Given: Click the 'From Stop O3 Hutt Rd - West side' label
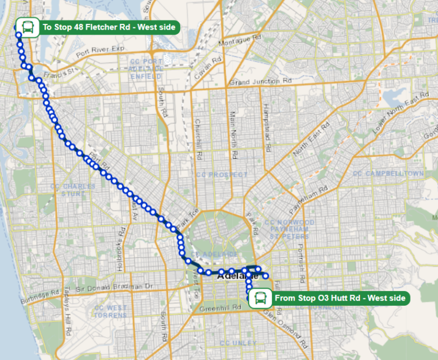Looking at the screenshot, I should [340, 298].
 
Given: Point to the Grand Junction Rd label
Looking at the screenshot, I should [260, 82].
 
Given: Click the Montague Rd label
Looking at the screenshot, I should [240, 39].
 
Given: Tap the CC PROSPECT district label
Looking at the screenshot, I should [222, 175].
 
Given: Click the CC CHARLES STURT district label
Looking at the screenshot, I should [72, 190].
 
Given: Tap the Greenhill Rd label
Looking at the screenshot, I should [214, 309].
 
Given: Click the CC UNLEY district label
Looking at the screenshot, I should [238, 343].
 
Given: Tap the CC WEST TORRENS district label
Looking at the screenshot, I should [111, 312].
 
